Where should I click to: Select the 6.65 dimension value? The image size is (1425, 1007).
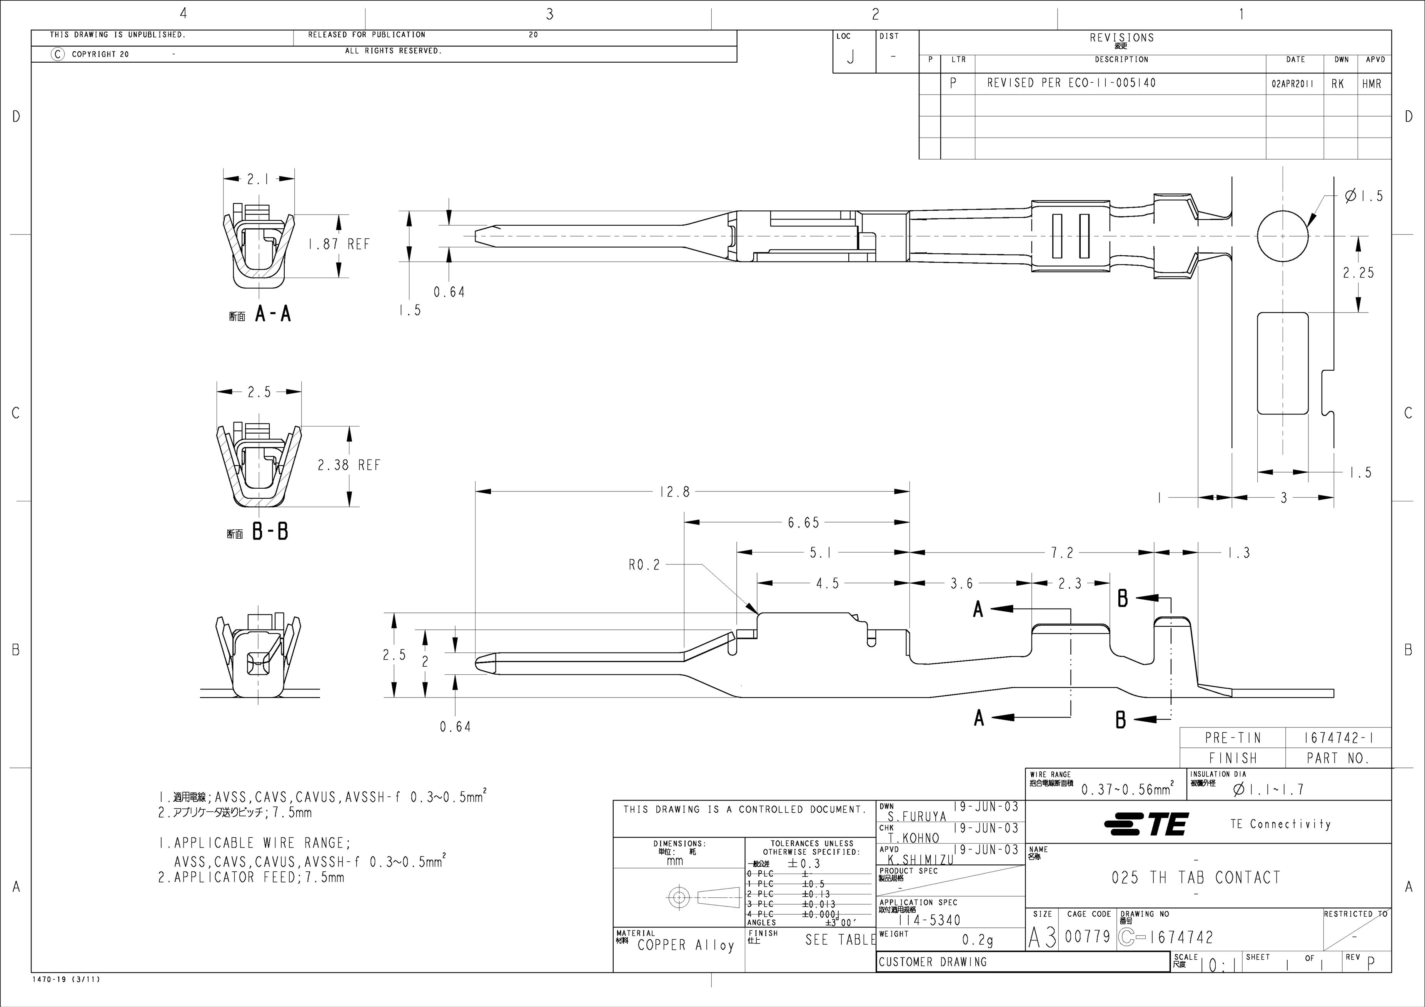tap(804, 523)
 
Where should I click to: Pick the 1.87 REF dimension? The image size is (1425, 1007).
tap(339, 245)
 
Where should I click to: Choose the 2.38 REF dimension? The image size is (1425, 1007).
tap(349, 465)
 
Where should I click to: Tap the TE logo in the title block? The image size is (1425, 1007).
tap(1147, 824)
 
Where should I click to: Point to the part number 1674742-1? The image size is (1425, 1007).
tap(1338, 738)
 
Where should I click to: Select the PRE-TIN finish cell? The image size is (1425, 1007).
tap(1233, 738)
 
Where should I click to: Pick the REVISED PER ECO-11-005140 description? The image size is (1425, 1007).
tap(1071, 83)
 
